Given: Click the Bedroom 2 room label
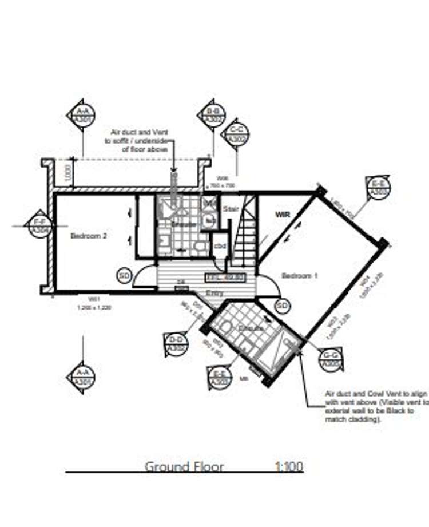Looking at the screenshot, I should pyautogui.click(x=89, y=235).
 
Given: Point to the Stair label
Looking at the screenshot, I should pyautogui.click(x=231, y=209).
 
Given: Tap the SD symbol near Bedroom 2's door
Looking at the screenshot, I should pyautogui.click(x=124, y=276).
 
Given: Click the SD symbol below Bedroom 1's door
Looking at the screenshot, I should pyautogui.click(x=282, y=306).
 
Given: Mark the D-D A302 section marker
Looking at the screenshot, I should pyautogui.click(x=176, y=343).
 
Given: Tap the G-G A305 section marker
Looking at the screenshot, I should pyautogui.click(x=331, y=358).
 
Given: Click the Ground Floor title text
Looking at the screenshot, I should pyautogui.click(x=184, y=466).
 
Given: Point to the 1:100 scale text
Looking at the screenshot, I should pyautogui.click(x=289, y=466).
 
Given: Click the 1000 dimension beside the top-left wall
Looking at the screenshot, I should pyautogui.click(x=67, y=173).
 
